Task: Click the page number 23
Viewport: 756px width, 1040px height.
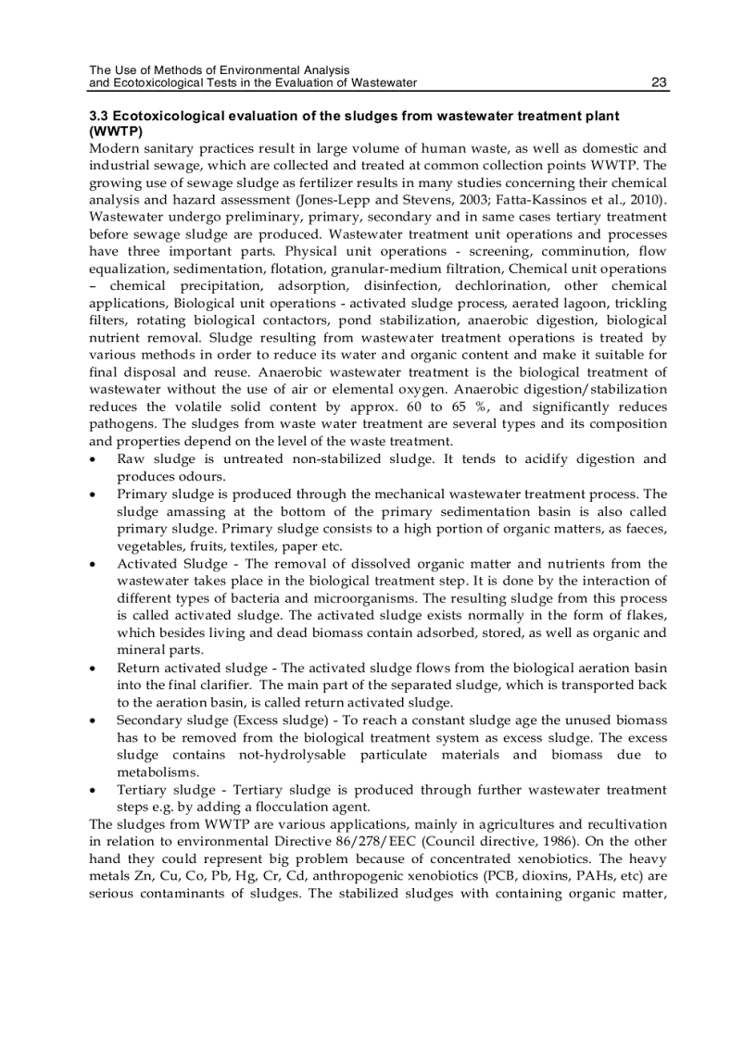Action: [659, 83]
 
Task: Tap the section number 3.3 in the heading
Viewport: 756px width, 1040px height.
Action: [99, 117]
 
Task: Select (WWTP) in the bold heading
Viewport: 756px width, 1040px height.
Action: [115, 132]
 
